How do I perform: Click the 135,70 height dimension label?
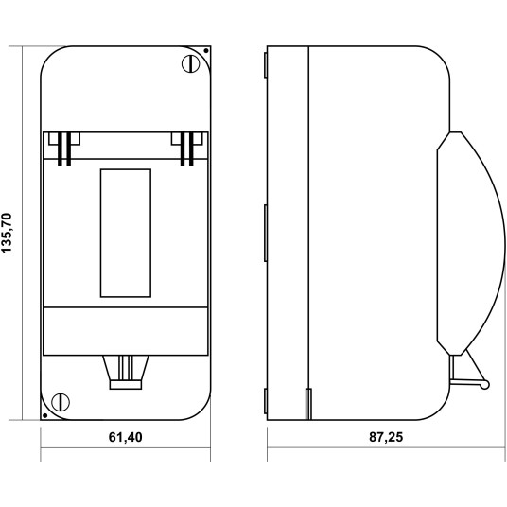click(7, 233)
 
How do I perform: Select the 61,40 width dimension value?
click(126, 437)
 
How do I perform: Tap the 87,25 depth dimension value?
click(386, 437)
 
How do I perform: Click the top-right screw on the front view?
click(191, 63)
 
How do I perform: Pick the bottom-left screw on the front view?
click(61, 402)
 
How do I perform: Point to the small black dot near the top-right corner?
click(205, 51)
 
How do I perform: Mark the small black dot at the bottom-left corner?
click(45, 415)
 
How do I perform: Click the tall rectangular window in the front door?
click(126, 233)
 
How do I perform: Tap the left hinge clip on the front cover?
click(64, 149)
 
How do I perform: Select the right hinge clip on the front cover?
click(187, 149)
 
